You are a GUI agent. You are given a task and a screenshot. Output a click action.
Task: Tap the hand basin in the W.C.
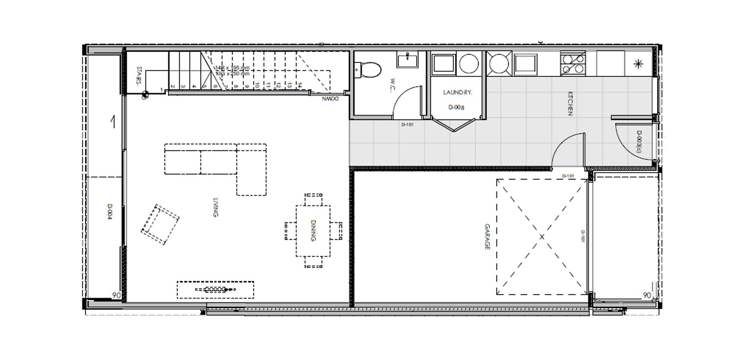click(407, 60)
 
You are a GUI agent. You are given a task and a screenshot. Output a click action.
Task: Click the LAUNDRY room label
click(457, 93)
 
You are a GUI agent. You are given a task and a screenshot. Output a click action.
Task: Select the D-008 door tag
click(456, 107)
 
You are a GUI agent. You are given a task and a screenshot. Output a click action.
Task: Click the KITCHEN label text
click(570, 103)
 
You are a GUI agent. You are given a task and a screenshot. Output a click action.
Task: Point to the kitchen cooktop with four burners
click(573, 63)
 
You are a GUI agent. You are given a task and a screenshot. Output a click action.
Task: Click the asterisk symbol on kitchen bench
click(638, 65)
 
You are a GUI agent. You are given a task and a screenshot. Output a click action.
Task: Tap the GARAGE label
click(487, 237)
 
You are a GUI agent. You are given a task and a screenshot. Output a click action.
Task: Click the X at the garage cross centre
click(542, 237)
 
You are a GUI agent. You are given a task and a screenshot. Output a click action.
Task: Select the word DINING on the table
click(313, 230)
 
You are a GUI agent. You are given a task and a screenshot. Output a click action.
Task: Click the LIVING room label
click(215, 207)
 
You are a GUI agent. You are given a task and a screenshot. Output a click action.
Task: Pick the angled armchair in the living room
click(160, 224)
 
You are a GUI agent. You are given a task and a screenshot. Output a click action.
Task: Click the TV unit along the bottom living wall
click(215, 290)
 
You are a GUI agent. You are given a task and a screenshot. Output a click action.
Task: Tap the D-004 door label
click(110, 211)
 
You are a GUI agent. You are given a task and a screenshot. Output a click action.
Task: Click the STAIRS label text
click(138, 75)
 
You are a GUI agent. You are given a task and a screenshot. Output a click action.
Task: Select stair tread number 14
click(300, 86)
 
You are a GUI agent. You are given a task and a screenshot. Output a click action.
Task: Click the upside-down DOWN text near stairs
click(330, 98)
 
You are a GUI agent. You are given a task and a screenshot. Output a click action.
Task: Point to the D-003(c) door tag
click(639, 142)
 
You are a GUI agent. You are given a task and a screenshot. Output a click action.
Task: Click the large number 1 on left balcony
click(113, 122)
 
